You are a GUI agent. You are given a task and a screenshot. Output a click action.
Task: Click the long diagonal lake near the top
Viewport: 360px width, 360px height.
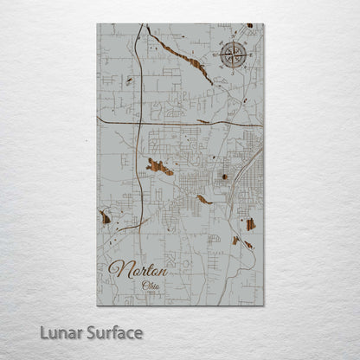coord(180,56)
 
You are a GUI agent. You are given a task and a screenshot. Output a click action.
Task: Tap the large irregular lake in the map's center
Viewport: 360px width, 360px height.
coord(160,167)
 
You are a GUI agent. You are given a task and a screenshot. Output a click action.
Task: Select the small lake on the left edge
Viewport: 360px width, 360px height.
coord(106,217)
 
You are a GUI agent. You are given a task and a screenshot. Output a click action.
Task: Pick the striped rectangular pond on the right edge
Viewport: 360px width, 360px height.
coord(250,224)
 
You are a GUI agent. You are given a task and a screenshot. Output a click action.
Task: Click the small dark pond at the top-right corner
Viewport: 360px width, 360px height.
coord(249,26)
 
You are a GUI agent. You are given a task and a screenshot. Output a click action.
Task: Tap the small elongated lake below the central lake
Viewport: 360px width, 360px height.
coord(203,200)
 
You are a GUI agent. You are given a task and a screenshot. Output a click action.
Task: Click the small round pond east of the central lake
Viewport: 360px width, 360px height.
coord(225,177)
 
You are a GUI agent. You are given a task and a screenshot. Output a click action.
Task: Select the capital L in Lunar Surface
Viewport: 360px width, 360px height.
coord(43,332)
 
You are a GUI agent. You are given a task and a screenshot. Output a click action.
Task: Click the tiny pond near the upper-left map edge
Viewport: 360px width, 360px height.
coord(130,80)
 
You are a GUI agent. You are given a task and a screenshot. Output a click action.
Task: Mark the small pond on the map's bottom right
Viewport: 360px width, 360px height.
coord(247,245)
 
